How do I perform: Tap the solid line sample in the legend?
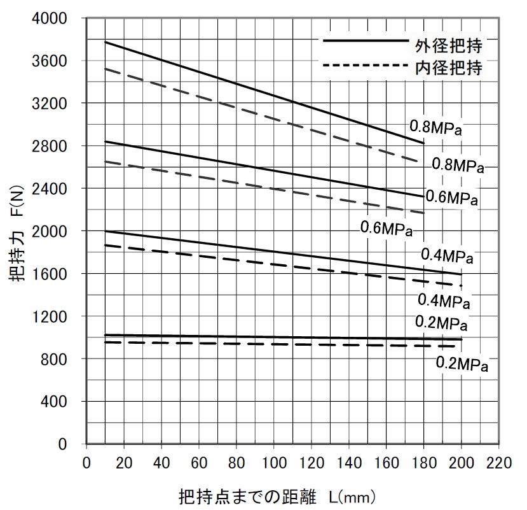(x=365, y=41)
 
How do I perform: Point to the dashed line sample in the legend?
(x=365, y=65)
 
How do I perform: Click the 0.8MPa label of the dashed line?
(x=458, y=165)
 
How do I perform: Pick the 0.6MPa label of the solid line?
(x=451, y=197)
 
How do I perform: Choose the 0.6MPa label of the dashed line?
(x=387, y=227)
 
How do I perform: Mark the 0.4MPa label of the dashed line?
(x=444, y=299)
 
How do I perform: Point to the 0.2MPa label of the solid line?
(x=441, y=323)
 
